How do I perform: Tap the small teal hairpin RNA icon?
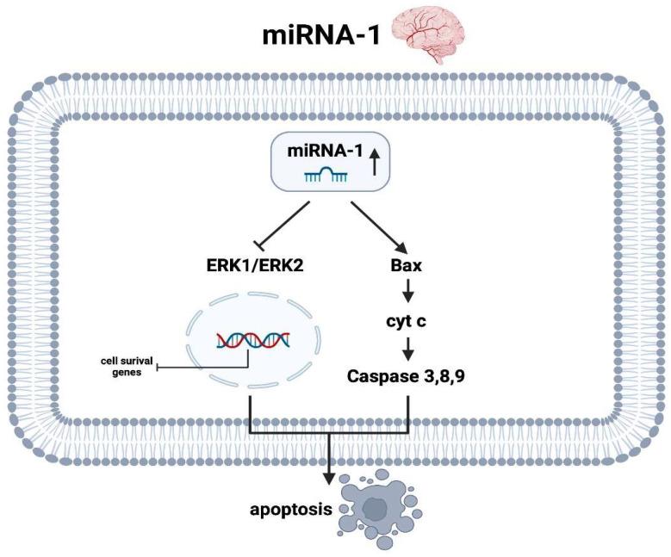[x=326, y=175]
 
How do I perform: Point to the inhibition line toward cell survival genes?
[x=207, y=368]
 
